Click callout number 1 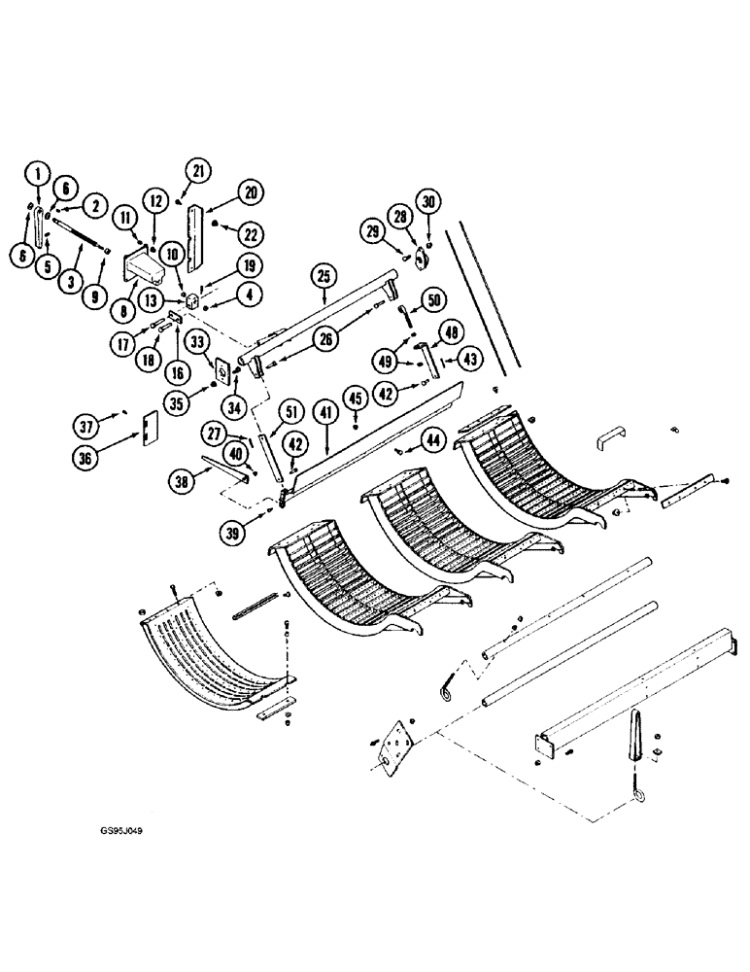pyautogui.click(x=37, y=175)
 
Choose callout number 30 pyautogui.click(x=428, y=201)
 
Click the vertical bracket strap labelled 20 pyautogui.click(x=198, y=238)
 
